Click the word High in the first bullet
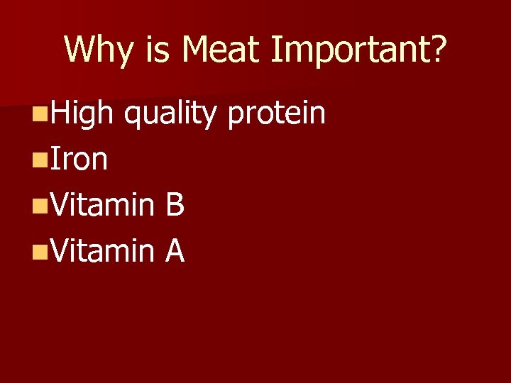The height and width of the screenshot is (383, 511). coord(81,113)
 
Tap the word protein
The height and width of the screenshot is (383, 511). coord(277,113)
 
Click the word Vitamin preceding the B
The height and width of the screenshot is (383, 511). coord(100,206)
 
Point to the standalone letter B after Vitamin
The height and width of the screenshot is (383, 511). coord(175,206)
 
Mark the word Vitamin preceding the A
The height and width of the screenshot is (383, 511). coord(100,252)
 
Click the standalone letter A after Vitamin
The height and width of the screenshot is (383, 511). coord(175,252)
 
